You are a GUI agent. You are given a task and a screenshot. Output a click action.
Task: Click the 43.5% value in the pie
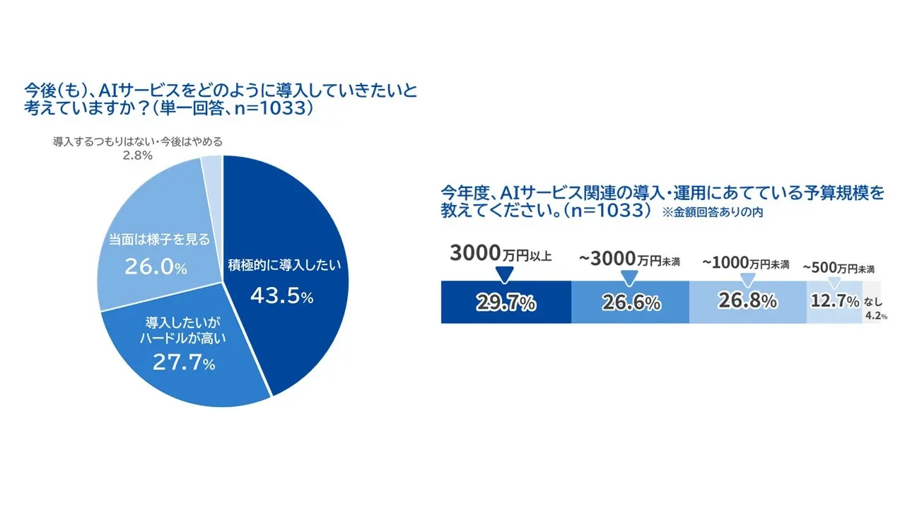pos(279,297)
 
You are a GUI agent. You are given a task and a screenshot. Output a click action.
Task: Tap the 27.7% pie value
pos(185,364)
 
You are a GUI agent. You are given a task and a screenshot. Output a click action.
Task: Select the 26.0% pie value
pos(156,267)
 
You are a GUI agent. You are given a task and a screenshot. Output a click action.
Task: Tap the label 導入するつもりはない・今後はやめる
pos(138,141)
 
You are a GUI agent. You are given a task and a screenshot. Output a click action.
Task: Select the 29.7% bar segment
pos(506,303)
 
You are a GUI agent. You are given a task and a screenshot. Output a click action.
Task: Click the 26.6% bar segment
pos(631,303)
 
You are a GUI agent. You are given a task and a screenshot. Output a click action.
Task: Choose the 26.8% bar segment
pos(747,301)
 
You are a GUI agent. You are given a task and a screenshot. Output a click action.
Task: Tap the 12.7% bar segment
pos(834,302)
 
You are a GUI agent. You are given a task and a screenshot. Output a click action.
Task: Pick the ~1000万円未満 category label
pos(746,263)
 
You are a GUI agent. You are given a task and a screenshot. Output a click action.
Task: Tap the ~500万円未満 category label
pos(839,268)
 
